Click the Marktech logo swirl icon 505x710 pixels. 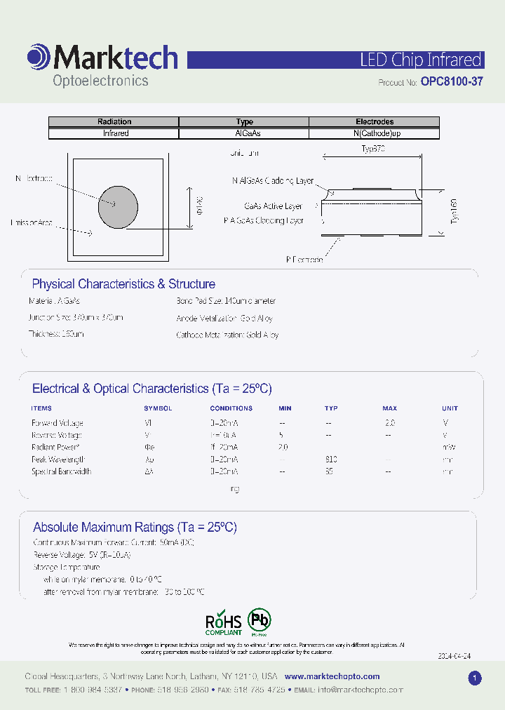39,57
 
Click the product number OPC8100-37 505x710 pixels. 452,81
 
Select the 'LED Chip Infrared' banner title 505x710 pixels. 420,60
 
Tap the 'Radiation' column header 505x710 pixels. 114,122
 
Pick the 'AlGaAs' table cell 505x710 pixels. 244,133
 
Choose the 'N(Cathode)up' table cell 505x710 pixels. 375,133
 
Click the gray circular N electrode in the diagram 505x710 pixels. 117,206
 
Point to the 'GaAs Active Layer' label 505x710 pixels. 273,206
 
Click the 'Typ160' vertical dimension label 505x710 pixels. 454,211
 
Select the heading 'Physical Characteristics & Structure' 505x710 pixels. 123,284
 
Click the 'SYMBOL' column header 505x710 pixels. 158,408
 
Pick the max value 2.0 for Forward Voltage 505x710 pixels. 390,423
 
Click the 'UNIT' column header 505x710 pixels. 450,408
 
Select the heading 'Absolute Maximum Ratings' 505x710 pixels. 135,527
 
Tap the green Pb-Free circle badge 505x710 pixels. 260,620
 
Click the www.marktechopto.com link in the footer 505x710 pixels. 332,676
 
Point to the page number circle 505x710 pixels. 475,678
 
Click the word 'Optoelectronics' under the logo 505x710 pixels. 101,81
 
